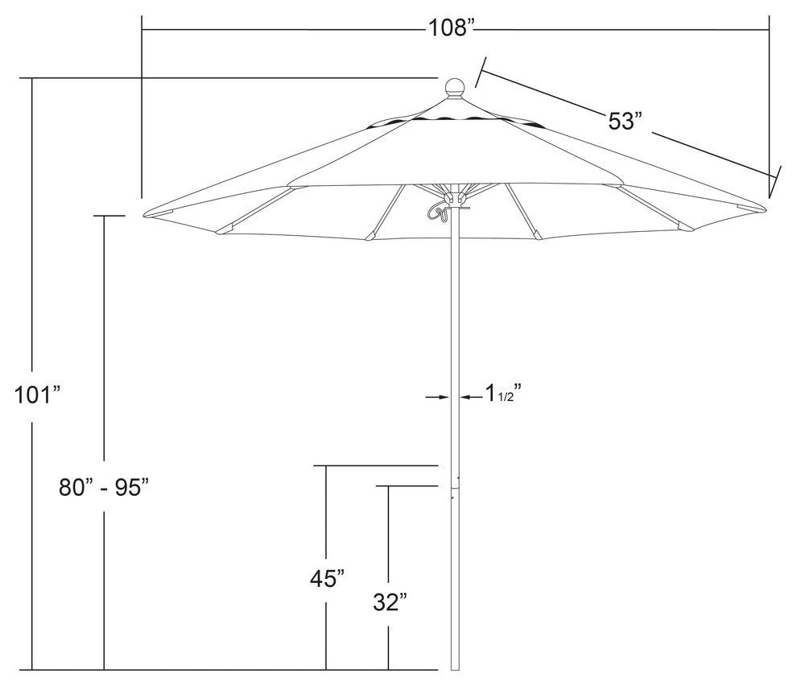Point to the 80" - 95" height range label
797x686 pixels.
pos(105,487)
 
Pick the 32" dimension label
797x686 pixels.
pos(390,601)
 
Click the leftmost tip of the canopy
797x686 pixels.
pos(145,215)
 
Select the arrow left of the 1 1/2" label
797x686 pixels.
pos(470,397)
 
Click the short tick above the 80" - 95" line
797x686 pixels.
pos(109,216)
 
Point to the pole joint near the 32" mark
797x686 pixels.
pos(455,486)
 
